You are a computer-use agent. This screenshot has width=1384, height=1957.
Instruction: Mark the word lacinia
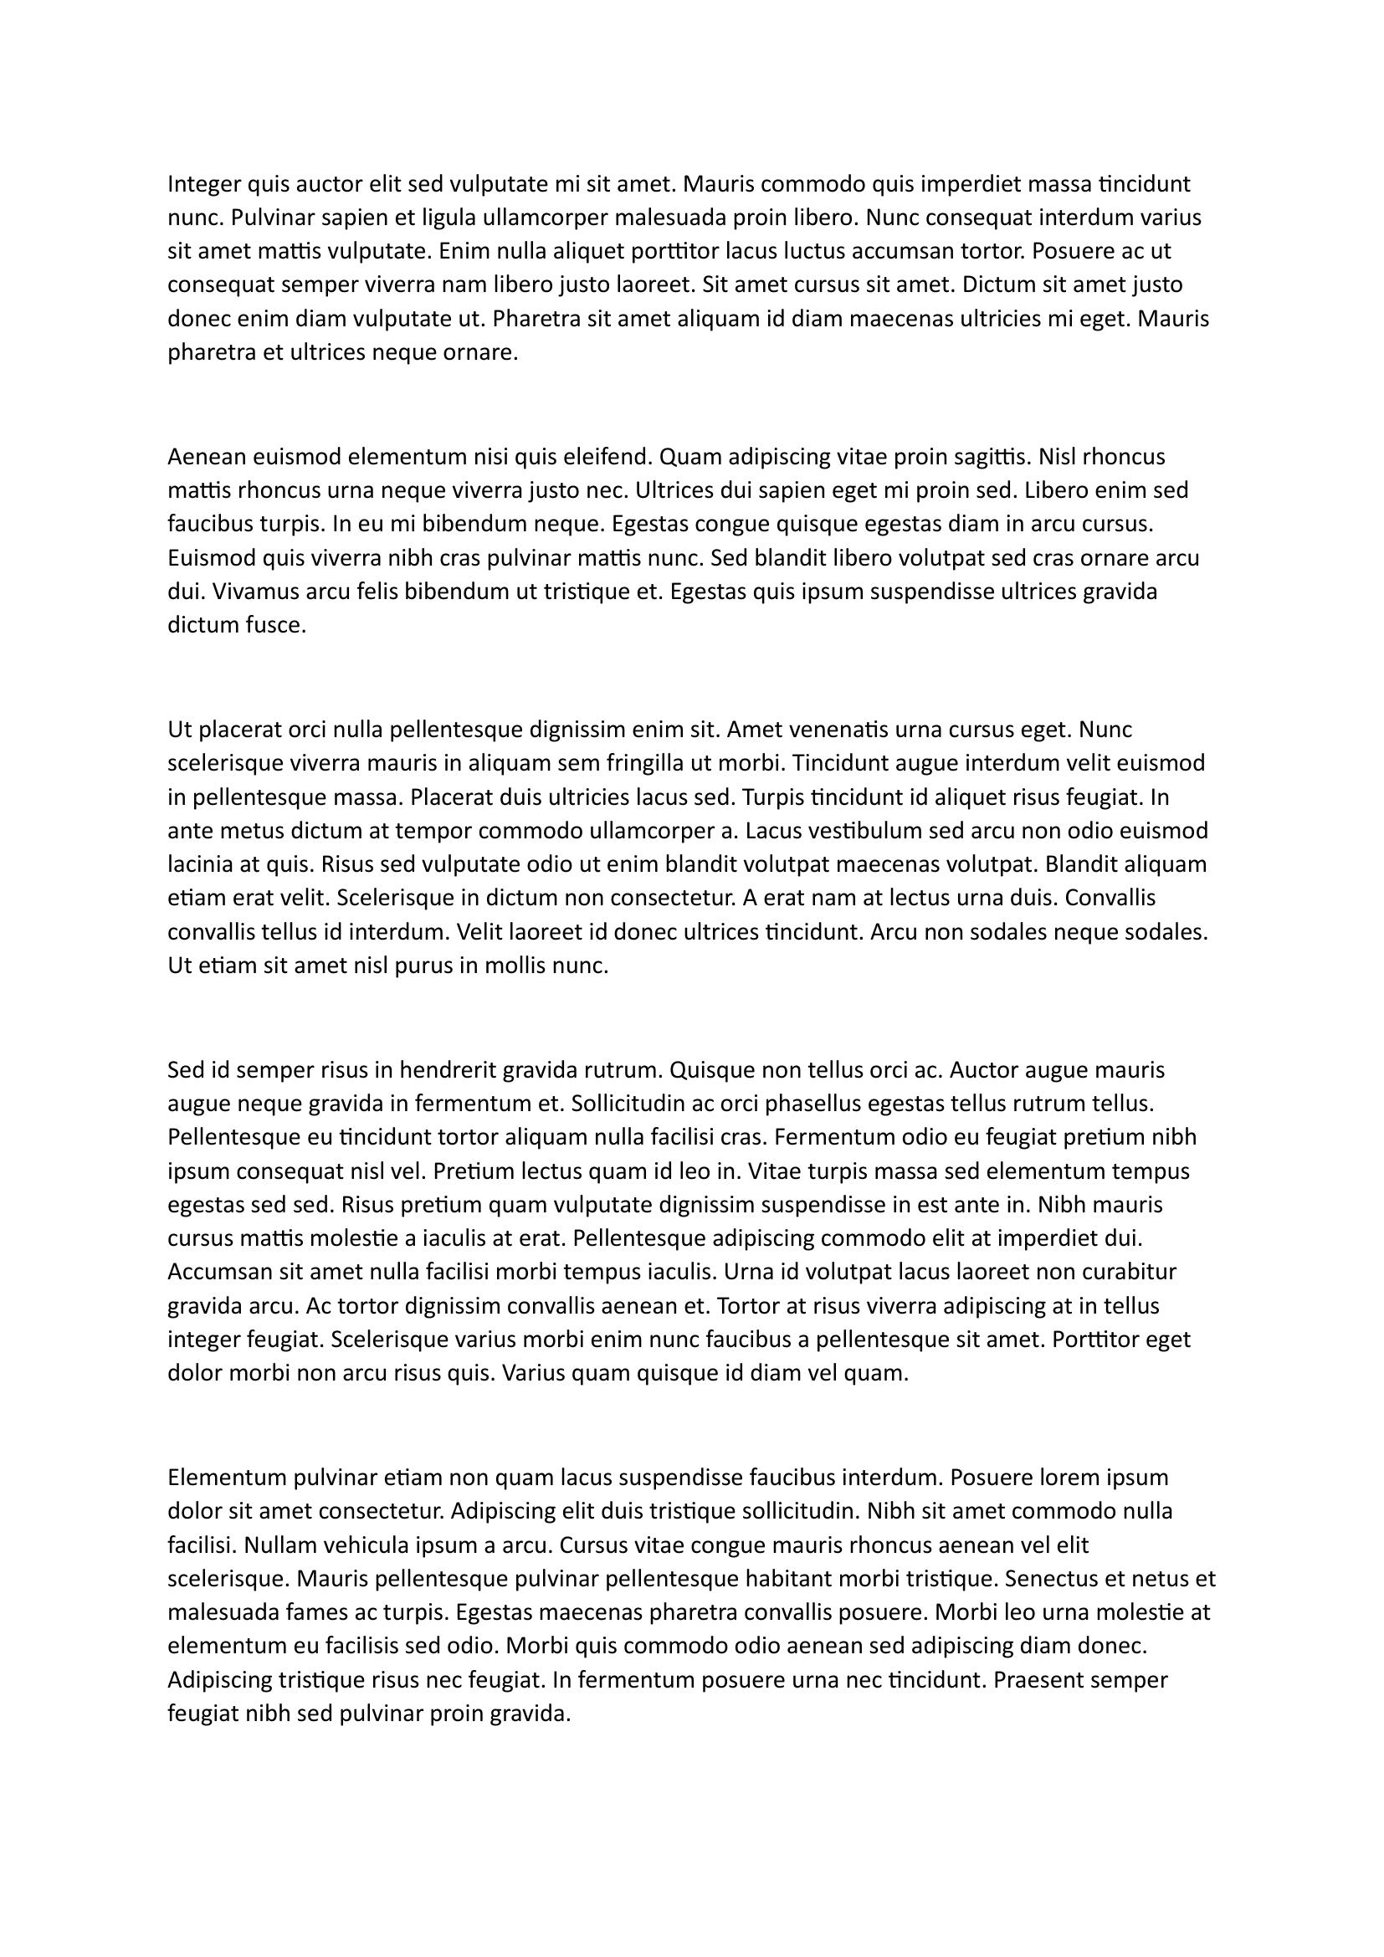[200, 864]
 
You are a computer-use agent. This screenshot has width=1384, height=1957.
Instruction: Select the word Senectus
[1051, 1579]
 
